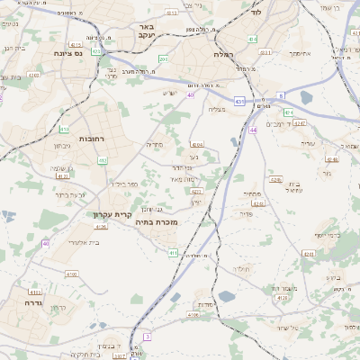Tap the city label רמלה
coord(224,54)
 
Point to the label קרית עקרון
coord(112,214)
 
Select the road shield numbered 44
coord(254,130)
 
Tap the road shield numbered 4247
coord(300,122)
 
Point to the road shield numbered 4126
coord(101,227)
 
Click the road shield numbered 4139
coord(282,297)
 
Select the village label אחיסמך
coord(300,53)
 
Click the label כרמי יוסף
coord(327,236)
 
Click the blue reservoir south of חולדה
coord(226,296)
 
